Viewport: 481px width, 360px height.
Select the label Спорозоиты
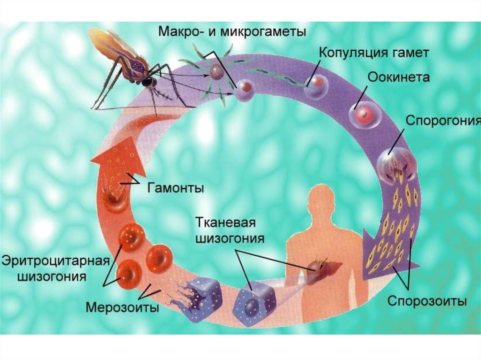click(427, 301)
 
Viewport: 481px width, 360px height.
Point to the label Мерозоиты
click(122, 307)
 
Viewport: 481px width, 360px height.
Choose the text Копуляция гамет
click(374, 52)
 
